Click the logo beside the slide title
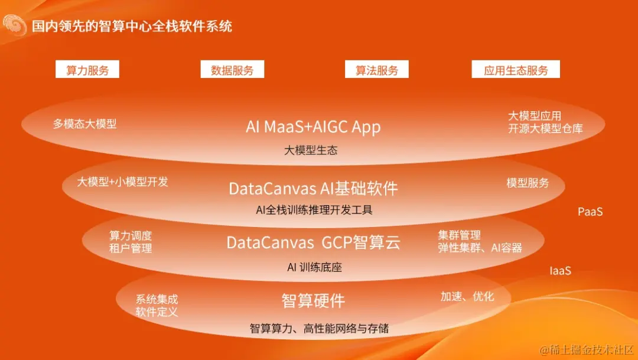coord(14,25)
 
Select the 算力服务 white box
coord(87,70)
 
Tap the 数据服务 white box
coord(232,70)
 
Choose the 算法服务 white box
coord(377,70)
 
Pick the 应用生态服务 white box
coord(516,70)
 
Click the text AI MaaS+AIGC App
coord(313,127)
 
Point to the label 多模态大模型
coord(84,124)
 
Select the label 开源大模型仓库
coord(545,128)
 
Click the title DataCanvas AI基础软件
coord(313,189)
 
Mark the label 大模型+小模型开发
coord(123,182)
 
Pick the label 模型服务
coord(528,183)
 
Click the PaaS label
coord(590,212)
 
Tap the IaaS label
coord(560,271)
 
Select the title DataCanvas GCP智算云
coord(313,242)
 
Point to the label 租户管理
coord(131,248)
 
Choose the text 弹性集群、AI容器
coord(480,248)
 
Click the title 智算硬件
coord(313,301)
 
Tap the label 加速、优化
coord(467,296)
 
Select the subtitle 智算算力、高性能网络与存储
coord(319,328)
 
